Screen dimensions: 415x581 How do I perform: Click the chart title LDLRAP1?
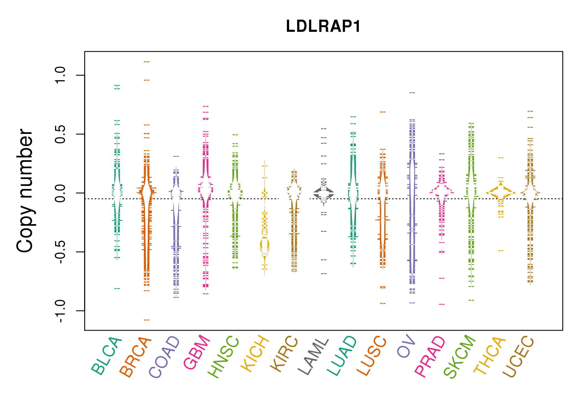pos(323,27)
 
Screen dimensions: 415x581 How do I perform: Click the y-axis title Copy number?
pos(25,191)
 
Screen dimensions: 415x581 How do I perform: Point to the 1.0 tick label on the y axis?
pos(60,75)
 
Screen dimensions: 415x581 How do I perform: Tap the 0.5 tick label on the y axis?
pos(60,134)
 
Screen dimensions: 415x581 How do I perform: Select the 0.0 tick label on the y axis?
pos(60,193)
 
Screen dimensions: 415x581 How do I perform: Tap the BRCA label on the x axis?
pos(136,357)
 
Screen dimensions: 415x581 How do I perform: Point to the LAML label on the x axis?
pos(313,356)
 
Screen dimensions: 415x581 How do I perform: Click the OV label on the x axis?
pos(406,346)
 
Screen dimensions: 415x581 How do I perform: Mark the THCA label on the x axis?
pos(490,356)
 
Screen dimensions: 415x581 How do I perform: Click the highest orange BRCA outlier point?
pos(147,62)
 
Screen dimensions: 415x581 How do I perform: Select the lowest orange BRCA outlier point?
pos(147,320)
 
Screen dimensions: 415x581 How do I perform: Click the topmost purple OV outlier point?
pos(412,93)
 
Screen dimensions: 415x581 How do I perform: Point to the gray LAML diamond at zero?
pos(324,193)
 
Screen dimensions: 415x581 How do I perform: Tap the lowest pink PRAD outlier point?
pos(442,304)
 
